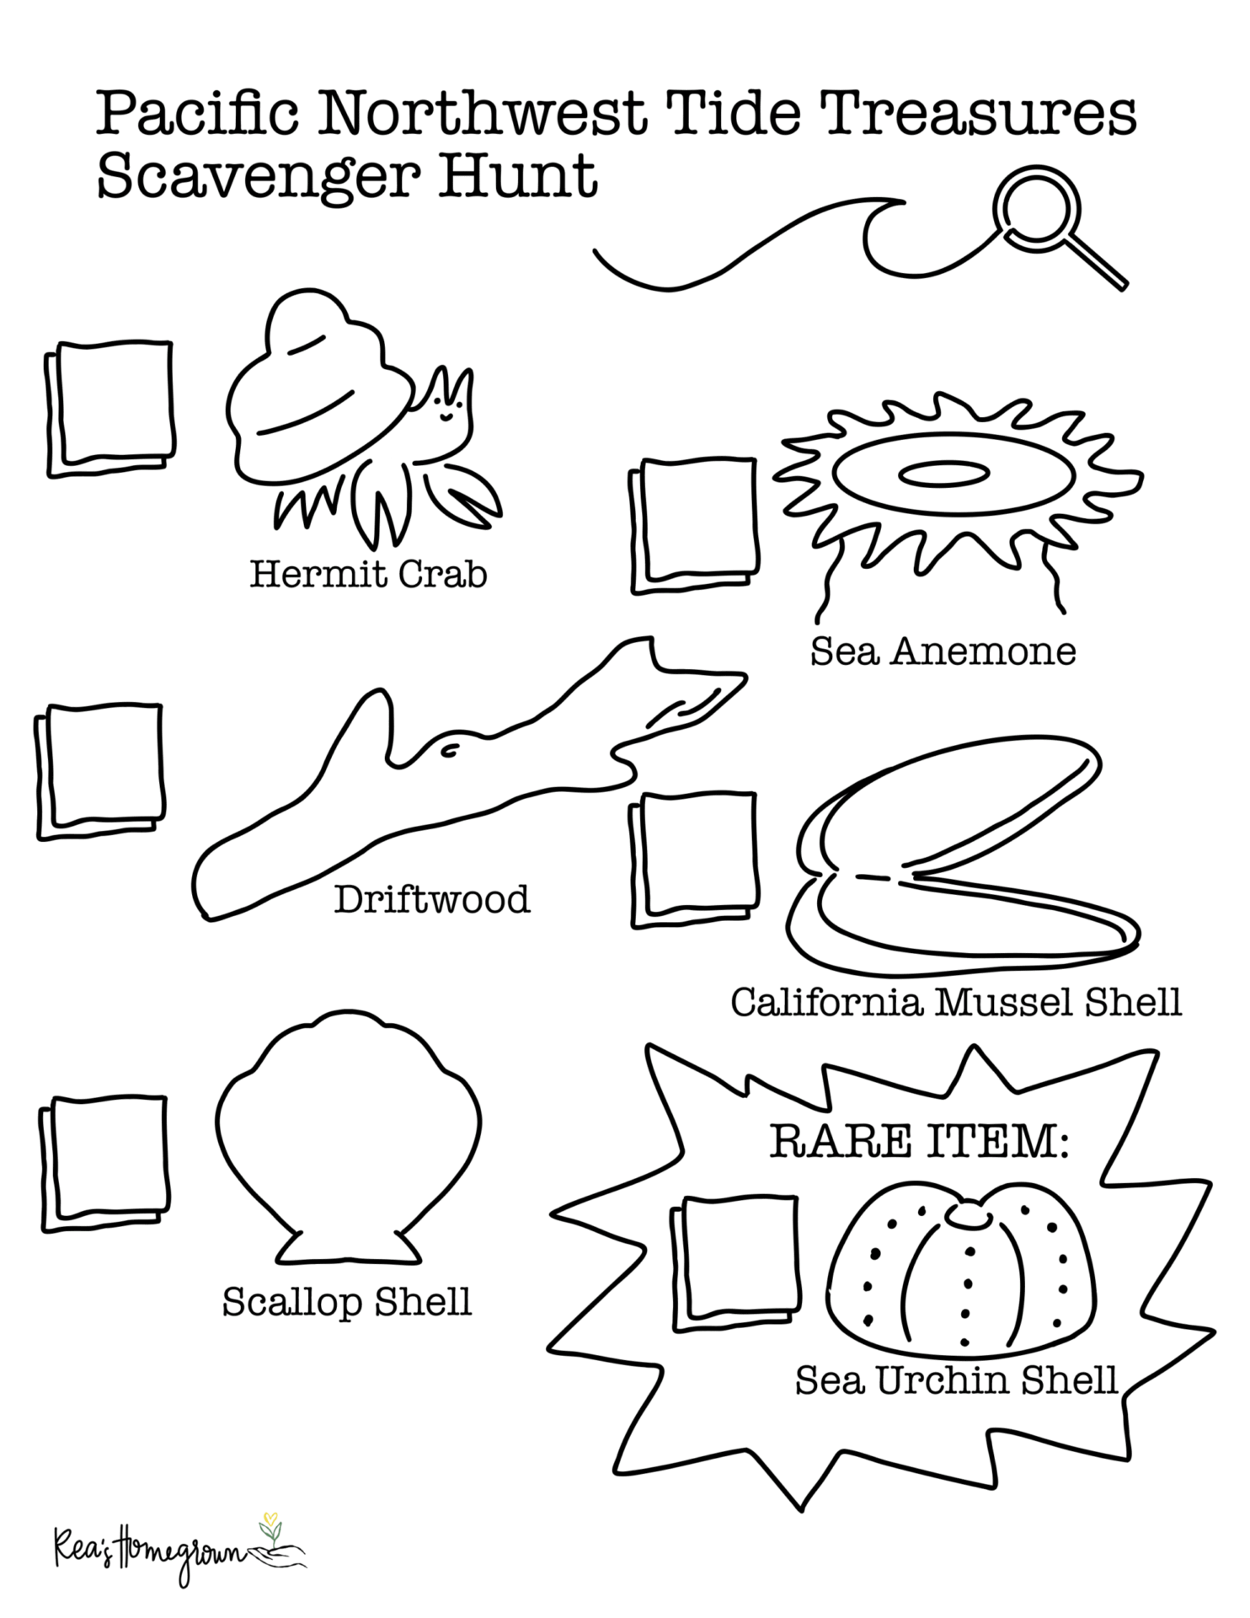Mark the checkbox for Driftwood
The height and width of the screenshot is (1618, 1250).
click(99, 771)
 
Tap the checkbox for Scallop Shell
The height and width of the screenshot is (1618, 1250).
click(104, 1165)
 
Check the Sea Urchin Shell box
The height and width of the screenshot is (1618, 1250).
click(735, 1263)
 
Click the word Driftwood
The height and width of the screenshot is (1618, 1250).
click(432, 900)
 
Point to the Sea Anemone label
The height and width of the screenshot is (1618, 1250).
click(943, 651)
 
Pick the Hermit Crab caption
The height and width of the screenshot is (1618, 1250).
click(368, 575)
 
